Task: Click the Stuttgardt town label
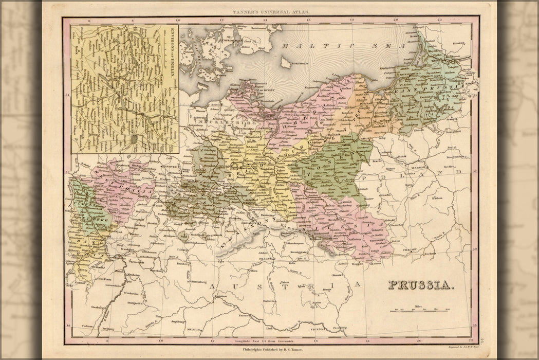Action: (x=135, y=296)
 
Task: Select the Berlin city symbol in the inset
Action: (x=134, y=138)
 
